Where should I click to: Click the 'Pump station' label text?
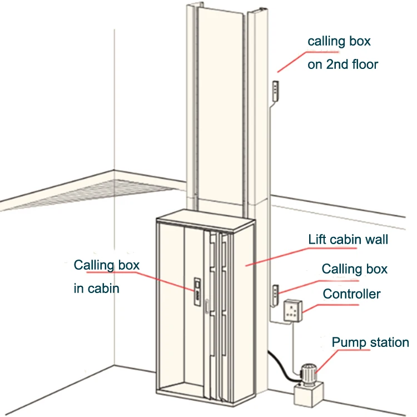coord(370,342)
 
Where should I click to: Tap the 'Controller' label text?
coord(351,294)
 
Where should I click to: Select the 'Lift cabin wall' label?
coord(348,240)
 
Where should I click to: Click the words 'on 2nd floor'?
coord(342,64)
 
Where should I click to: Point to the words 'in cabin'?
coord(96,289)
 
